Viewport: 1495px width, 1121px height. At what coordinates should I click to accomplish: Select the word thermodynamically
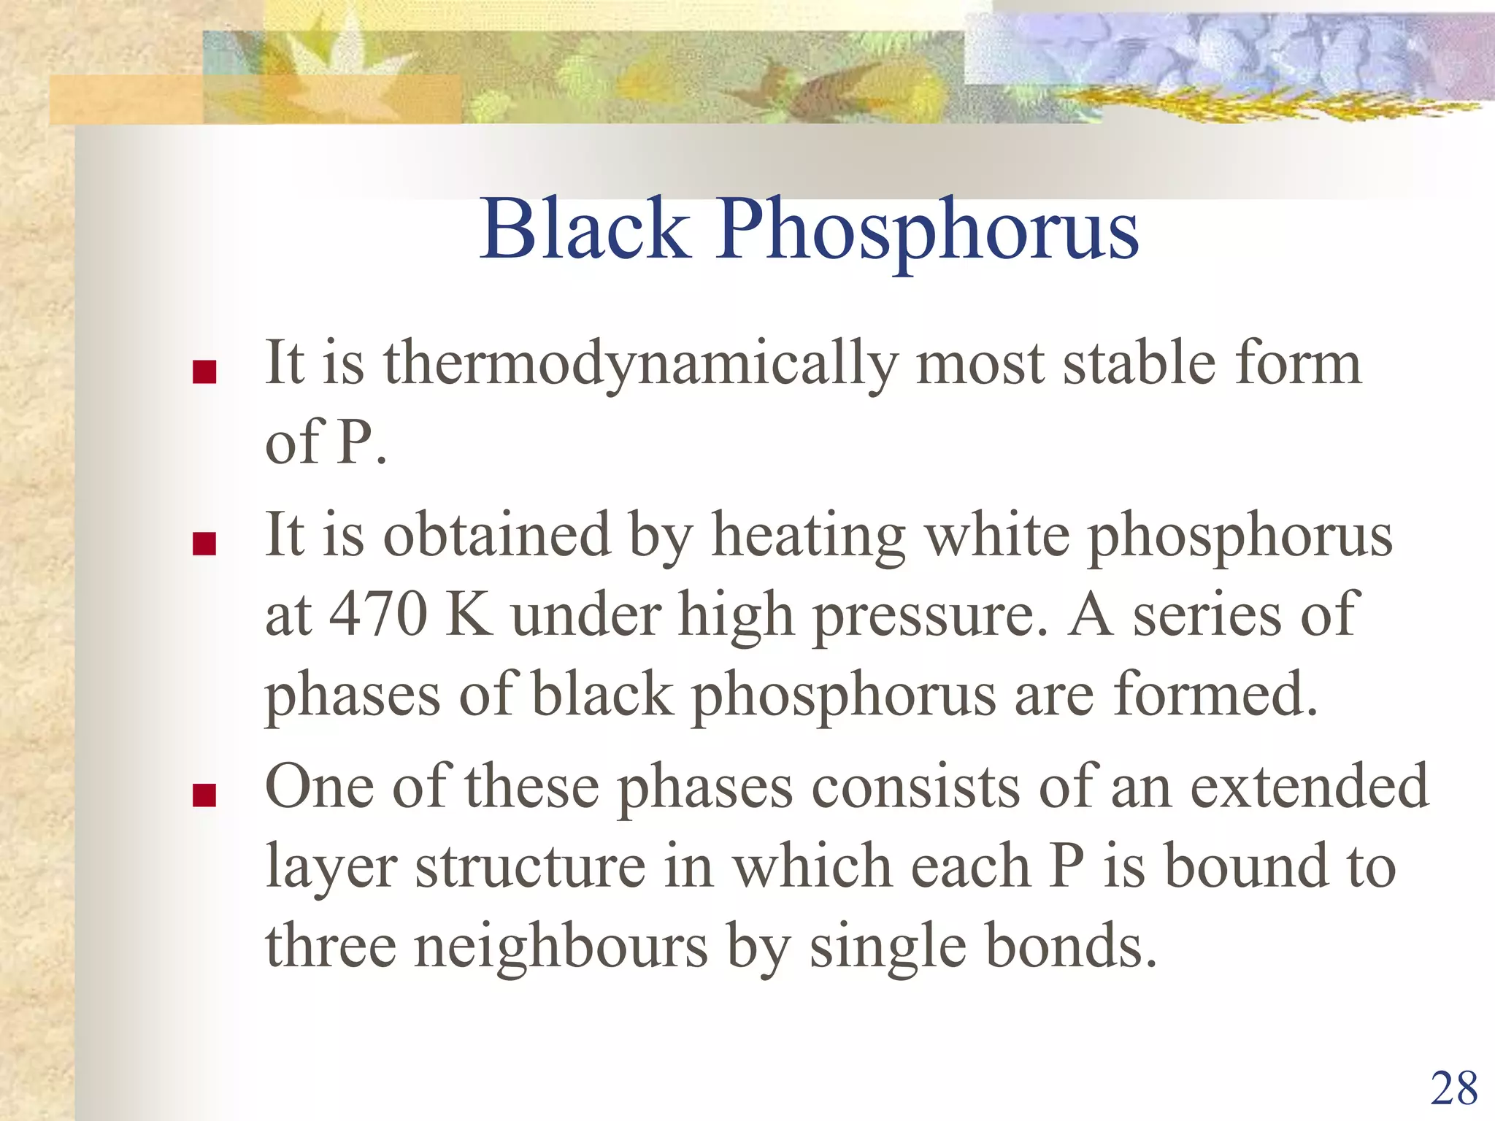(x=640, y=365)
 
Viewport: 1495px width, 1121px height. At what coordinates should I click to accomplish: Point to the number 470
(x=378, y=615)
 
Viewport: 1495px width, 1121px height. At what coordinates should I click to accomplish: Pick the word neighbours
(x=561, y=947)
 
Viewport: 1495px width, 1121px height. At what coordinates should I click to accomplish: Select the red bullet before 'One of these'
(x=204, y=795)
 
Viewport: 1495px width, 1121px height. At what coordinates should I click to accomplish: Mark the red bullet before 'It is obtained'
(x=204, y=544)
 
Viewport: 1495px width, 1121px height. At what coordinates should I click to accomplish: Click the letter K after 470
(x=468, y=615)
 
